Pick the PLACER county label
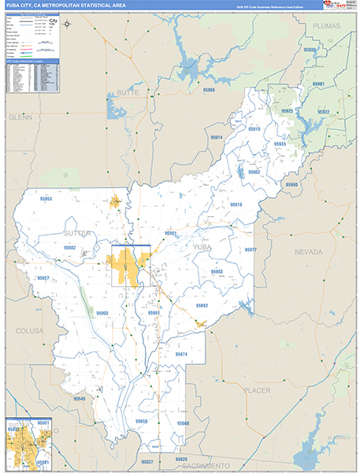pos(257,390)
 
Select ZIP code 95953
pos(46,199)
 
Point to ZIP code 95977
pos(251,250)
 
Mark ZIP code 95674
pos(181,355)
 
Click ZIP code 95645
pos(80,399)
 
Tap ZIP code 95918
pos(236,204)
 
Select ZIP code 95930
pos(310,50)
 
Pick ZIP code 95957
pos(43,279)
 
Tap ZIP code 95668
pos(183,423)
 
